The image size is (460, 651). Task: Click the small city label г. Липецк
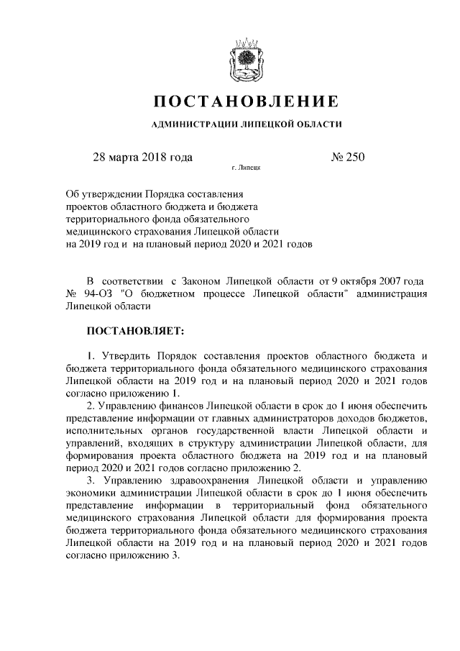coord(245,169)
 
